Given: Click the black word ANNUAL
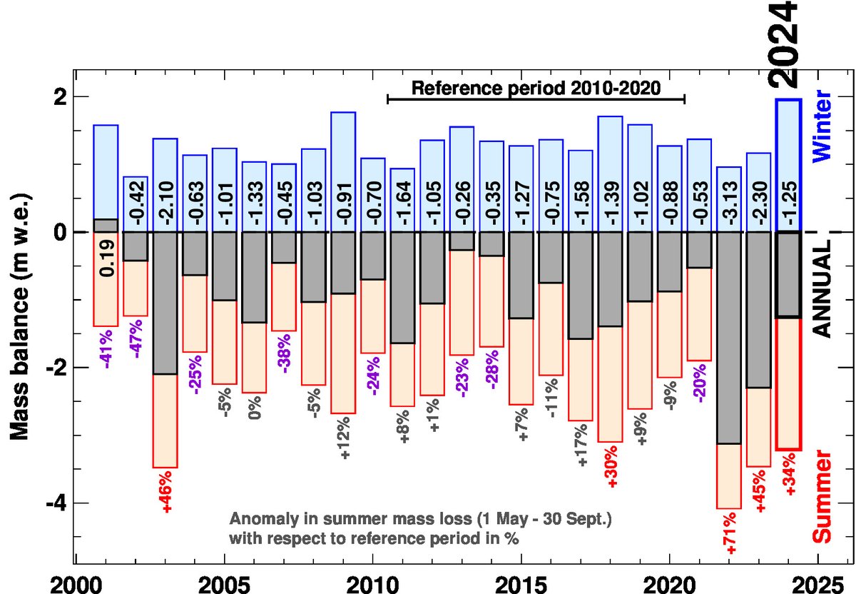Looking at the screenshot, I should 822,287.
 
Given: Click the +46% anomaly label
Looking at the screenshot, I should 165,493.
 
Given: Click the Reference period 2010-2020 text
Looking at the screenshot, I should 535,89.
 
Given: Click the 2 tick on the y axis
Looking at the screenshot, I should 61,96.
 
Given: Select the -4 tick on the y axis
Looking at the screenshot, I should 57,503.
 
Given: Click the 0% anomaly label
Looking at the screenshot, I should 255,408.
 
